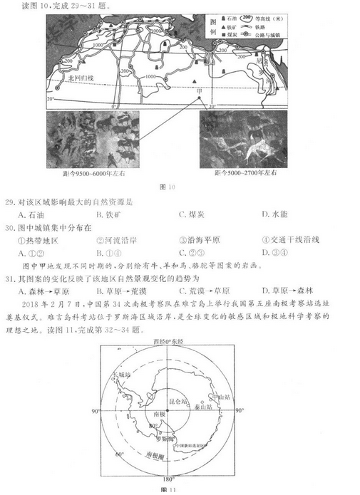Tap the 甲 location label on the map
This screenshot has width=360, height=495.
[200, 90]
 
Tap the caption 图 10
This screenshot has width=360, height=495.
[169, 187]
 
